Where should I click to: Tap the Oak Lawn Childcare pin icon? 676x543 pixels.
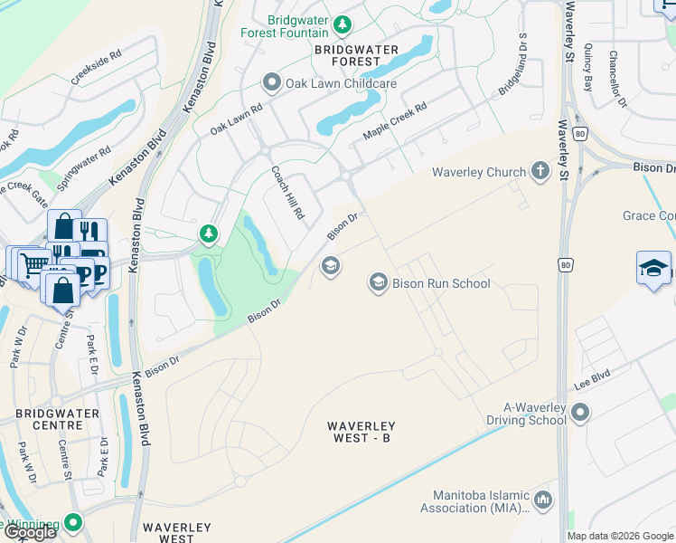pos(271,83)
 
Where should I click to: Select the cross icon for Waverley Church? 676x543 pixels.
pos(540,172)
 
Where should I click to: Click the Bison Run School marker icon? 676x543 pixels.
pos(378,283)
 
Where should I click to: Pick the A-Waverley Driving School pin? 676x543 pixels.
pos(580,413)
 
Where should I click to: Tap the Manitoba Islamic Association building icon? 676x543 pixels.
pos(543,500)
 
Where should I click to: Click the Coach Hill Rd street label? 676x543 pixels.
pos(288,193)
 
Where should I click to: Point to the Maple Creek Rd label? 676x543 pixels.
pos(394,120)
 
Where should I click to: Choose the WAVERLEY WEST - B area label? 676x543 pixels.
pos(361,432)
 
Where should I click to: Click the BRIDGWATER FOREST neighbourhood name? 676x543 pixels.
pos(348,53)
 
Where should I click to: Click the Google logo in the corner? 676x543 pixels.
pos(30,532)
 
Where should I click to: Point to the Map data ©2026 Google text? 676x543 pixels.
pos(620,536)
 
